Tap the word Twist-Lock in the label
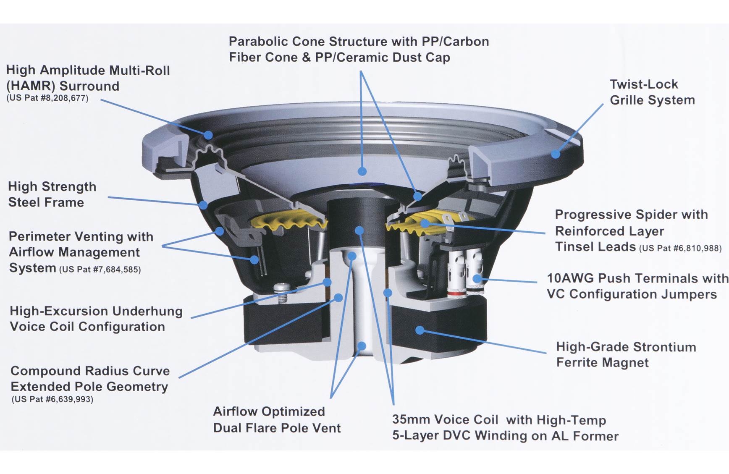[x=643, y=84]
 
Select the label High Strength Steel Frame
[x=52, y=194]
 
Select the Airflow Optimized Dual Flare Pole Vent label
[x=276, y=419]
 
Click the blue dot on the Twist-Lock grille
[x=555, y=154]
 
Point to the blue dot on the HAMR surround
[x=208, y=135]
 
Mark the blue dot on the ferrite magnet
[x=420, y=330]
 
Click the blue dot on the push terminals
[x=477, y=278]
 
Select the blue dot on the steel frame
[x=203, y=205]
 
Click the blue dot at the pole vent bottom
[x=361, y=346]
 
